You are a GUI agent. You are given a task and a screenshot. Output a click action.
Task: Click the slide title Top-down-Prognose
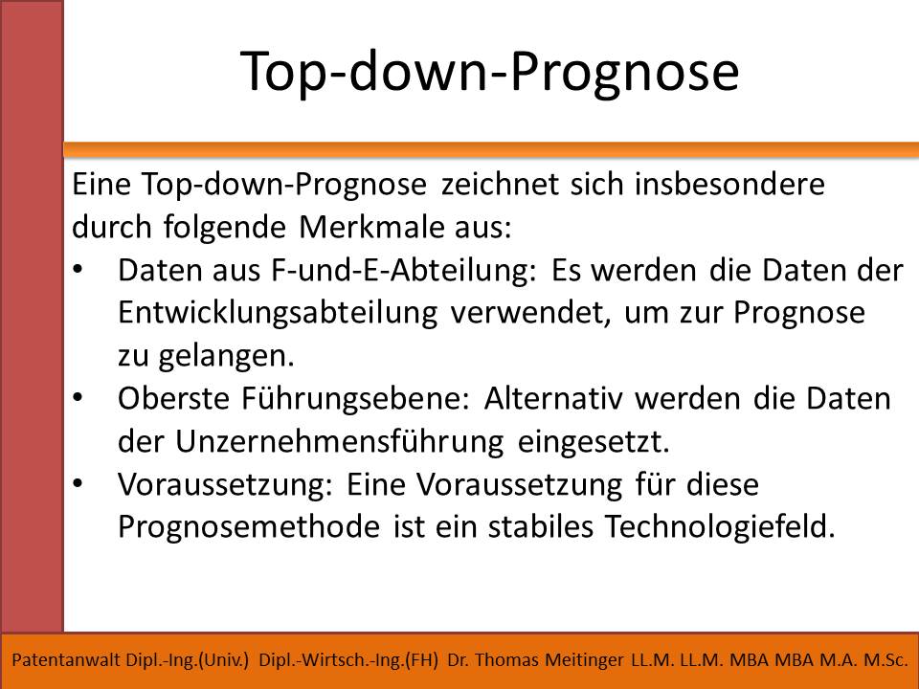point(489,72)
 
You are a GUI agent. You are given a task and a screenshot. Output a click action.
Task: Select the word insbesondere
point(729,184)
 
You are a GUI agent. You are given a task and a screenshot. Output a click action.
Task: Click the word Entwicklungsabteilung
point(278,313)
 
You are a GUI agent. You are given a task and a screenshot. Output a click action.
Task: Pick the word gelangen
point(226,356)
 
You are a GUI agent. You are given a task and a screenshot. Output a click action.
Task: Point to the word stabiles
point(540,526)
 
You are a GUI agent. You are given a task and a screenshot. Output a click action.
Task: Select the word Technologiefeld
point(720,526)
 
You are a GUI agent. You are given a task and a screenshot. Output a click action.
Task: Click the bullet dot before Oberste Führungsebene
point(78,398)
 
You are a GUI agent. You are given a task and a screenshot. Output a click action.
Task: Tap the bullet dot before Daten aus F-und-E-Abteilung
point(78,271)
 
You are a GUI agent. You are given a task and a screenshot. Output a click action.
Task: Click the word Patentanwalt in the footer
point(66,660)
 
